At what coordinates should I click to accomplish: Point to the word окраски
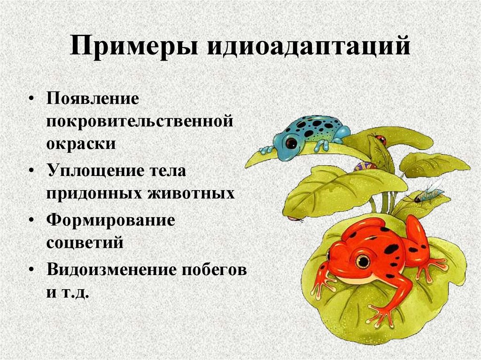(x=81, y=143)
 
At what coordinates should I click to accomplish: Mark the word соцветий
(x=85, y=242)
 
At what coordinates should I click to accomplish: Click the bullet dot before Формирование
(x=31, y=221)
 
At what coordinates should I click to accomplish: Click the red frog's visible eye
(x=362, y=260)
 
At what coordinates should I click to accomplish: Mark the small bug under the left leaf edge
(x=295, y=218)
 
